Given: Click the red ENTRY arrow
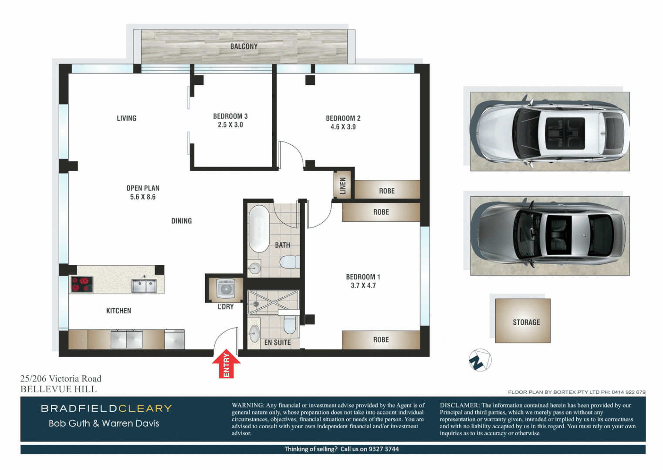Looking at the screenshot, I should click(x=226, y=364).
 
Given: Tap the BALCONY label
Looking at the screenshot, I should click(x=244, y=47).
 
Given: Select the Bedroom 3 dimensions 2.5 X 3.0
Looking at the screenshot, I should click(x=230, y=125).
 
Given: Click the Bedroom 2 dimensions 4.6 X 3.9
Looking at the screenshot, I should click(x=343, y=127).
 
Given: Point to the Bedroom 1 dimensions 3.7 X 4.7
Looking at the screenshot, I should click(x=363, y=285).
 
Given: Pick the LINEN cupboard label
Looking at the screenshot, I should click(x=343, y=186).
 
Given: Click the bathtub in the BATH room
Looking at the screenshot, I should click(x=259, y=228).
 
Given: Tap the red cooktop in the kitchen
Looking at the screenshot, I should click(x=82, y=284).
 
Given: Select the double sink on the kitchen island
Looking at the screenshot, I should click(x=144, y=286).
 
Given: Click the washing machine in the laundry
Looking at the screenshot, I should click(x=226, y=289).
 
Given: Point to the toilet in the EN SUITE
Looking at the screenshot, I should click(x=289, y=325).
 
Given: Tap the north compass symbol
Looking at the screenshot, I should click(x=480, y=360).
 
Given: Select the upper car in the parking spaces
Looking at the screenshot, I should click(x=550, y=131).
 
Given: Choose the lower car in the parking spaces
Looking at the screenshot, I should click(x=550, y=236).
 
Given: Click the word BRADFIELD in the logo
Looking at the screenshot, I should click(x=79, y=408).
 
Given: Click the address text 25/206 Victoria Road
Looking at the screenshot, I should click(x=61, y=379).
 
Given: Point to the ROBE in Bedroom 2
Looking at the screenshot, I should click(x=387, y=191).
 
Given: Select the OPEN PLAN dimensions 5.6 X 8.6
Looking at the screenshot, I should click(x=143, y=197).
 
